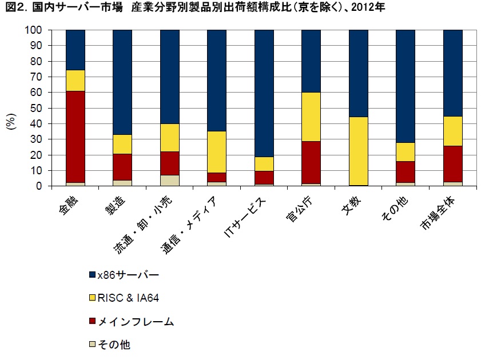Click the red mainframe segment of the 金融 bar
tap(75, 137)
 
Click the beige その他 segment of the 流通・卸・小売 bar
tap(169, 180)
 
